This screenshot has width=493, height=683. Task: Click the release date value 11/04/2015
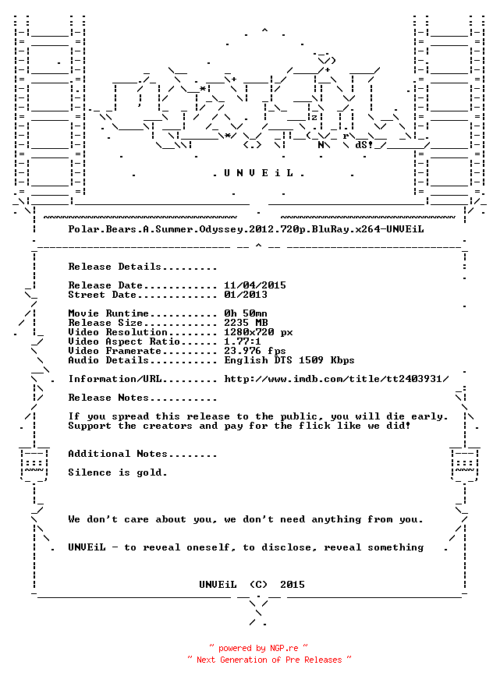pyautogui.click(x=255, y=285)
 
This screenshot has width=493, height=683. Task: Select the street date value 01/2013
pyautogui.click(x=246, y=295)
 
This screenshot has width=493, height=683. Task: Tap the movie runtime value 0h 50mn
pyautogui.click(x=246, y=313)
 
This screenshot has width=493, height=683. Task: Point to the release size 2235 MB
pyautogui.click(x=246, y=323)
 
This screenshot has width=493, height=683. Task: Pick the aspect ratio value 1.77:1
pyautogui.click(x=243, y=341)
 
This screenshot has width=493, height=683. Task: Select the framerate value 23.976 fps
pyautogui.click(x=255, y=351)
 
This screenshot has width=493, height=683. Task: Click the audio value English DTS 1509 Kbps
pyautogui.click(x=289, y=360)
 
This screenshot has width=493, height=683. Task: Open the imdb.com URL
pyautogui.click(x=336, y=379)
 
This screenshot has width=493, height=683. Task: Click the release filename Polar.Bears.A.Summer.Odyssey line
pyautogui.click(x=246, y=229)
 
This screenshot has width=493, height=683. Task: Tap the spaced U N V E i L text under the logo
pyautogui.click(x=258, y=173)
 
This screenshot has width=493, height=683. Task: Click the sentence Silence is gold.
pyautogui.click(x=118, y=472)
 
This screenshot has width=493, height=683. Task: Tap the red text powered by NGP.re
pyautogui.click(x=258, y=648)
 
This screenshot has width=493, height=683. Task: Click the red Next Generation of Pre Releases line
pyautogui.click(x=269, y=660)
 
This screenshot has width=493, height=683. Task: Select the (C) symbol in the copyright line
pyautogui.click(x=258, y=585)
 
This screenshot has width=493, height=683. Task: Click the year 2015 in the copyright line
pyautogui.click(x=293, y=585)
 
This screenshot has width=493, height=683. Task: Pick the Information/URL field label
pyautogui.click(x=115, y=379)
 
